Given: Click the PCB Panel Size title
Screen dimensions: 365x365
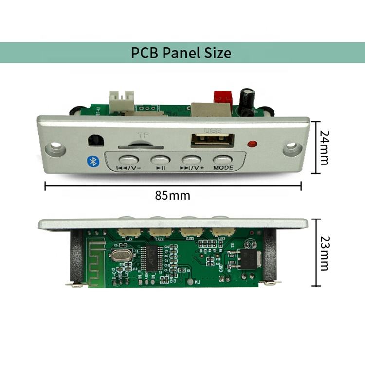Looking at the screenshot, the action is (181, 53).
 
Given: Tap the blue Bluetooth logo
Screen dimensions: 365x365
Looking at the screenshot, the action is (92, 161).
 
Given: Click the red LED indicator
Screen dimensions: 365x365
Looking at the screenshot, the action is (252, 144).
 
